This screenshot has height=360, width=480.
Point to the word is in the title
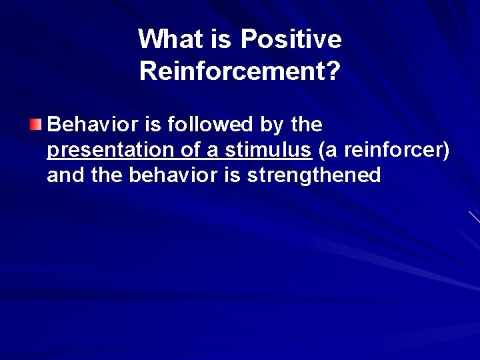[220, 40]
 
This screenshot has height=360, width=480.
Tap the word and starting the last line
[65, 175]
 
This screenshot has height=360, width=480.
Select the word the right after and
[105, 175]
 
